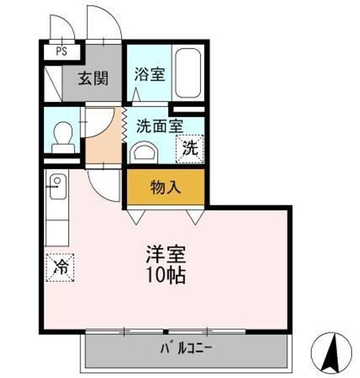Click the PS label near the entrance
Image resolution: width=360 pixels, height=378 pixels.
coord(61,51)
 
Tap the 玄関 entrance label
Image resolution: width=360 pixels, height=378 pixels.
coord(93,78)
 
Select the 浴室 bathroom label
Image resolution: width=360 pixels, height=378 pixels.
coord(150,74)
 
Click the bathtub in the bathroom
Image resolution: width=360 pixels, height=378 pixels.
coord(188,73)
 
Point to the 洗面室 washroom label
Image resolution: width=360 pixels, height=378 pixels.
coord(160,126)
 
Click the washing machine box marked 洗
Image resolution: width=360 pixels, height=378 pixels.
coord(190,149)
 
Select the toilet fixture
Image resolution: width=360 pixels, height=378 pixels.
coord(63,138)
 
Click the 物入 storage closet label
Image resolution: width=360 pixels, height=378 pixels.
coord(165,187)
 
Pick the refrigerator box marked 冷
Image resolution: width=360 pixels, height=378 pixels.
coord(60,267)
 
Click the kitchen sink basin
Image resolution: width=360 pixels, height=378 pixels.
coord(58,186)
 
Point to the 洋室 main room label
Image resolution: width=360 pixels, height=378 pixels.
coord(166,254)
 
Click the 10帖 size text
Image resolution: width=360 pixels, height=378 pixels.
coord(166,275)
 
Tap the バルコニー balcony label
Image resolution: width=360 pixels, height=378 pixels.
coord(186,349)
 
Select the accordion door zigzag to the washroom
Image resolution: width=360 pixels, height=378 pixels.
coord(124,125)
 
